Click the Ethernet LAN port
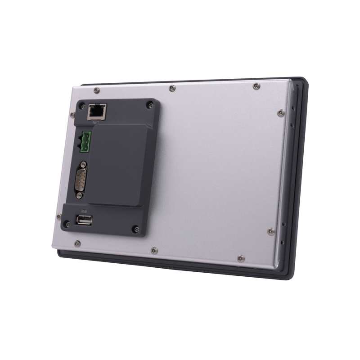coord(97,112)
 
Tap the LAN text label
coord(95,122)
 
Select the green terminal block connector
coord(85,142)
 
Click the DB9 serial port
coord(81,180)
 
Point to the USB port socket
coord(84,220)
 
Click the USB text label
coord(84,211)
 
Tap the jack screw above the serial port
coord(84,164)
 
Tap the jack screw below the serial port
coord(79,196)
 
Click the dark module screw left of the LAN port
coord(83,107)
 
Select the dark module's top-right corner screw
coord(150,105)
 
